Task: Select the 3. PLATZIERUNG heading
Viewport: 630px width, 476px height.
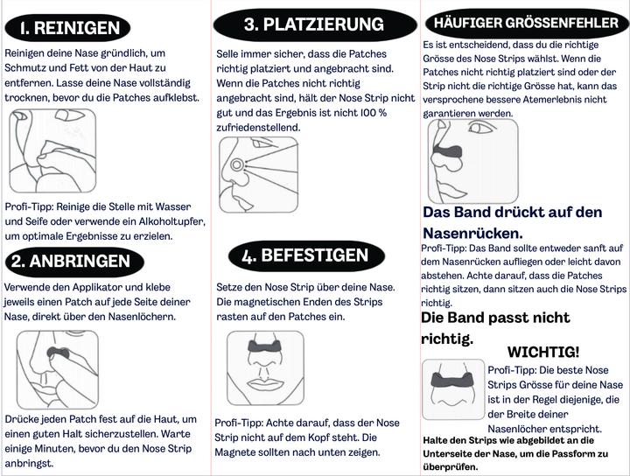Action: coord(313,24)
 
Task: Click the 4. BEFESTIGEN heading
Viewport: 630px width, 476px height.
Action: coord(305,255)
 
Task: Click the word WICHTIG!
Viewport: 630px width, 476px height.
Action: coord(543,352)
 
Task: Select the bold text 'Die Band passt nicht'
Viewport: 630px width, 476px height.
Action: coord(495,318)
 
